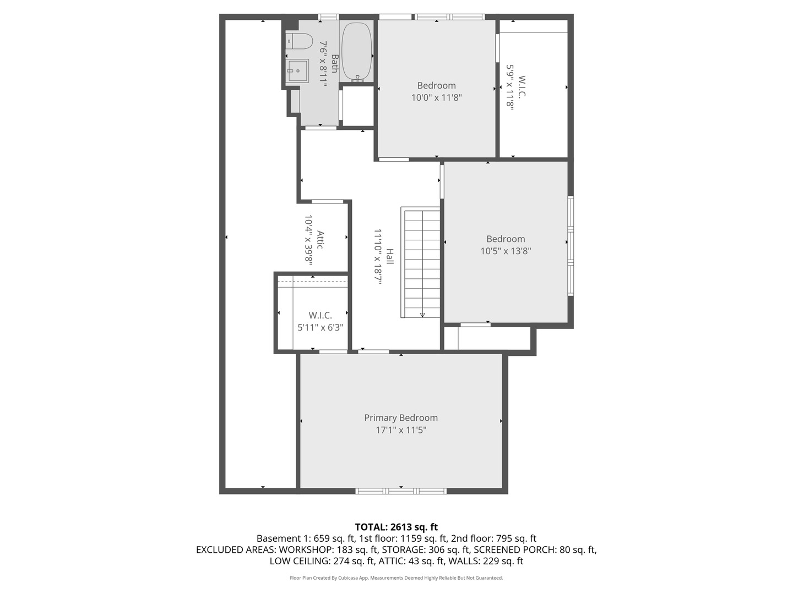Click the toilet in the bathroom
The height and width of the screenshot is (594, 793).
tap(299, 41)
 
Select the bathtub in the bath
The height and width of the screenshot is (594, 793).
tap(357, 52)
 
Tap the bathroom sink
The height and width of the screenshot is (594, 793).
tap(297, 71)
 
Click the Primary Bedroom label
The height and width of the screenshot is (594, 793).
tap(401, 418)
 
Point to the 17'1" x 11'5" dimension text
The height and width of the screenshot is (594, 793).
tap(401, 430)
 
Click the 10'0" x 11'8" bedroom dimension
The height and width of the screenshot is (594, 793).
tap(436, 98)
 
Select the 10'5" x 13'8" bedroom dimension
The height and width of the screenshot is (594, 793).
tap(506, 251)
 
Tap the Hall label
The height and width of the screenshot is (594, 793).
tap(390, 256)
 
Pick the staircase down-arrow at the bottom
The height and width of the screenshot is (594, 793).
tap(422, 315)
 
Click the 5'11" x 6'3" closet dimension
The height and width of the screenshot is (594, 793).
tap(320, 327)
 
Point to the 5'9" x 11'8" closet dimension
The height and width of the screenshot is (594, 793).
tap(510, 88)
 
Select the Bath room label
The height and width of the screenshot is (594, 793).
tap(334, 63)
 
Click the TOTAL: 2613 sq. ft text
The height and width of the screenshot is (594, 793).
tap(396, 527)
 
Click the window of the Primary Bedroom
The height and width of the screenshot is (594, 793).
tap(400, 491)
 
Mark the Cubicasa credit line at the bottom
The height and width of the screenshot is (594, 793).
tap(396, 578)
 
